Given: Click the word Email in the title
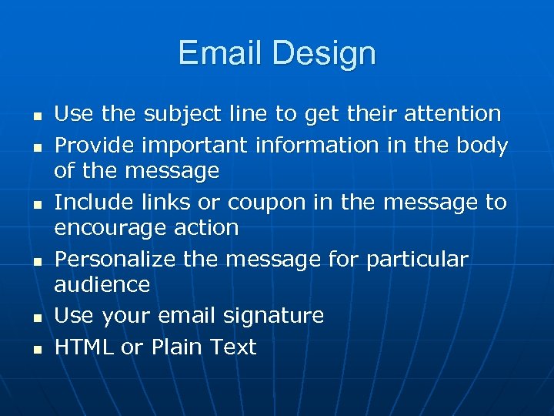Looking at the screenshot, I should (221, 53).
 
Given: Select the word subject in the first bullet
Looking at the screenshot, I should (179, 115).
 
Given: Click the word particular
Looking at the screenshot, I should (417, 260).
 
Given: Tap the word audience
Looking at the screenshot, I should (102, 284).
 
